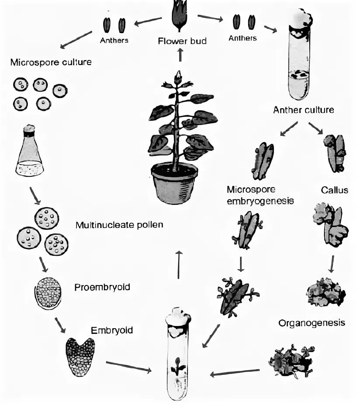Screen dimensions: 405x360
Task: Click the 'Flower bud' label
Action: [182, 41]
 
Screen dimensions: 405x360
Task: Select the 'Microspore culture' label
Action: [51, 62]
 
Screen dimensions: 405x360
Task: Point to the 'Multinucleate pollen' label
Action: [119, 225]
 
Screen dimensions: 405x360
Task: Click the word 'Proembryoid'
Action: [102, 287]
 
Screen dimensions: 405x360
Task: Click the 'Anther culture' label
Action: [303, 110]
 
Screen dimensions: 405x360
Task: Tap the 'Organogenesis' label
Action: [312, 323]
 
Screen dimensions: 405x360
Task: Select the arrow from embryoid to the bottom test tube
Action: [128, 367]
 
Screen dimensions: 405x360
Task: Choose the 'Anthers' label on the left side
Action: [114, 41]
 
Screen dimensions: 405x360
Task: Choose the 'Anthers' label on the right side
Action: [242, 38]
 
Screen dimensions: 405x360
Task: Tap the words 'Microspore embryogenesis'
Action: [260, 195]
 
